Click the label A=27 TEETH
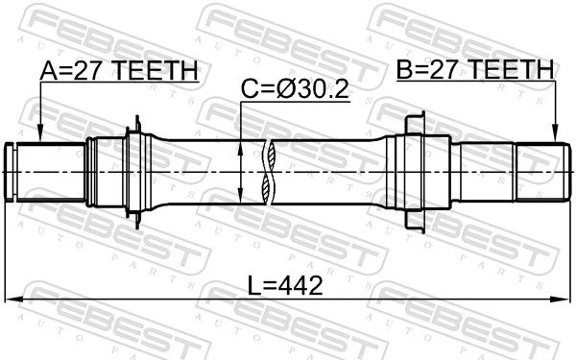(x=119, y=70)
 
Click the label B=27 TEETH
(x=475, y=69)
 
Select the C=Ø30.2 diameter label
(x=295, y=89)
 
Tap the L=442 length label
(x=285, y=285)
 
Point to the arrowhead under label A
(x=40, y=133)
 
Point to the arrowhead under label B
(x=556, y=133)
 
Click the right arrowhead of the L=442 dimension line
(x=561, y=300)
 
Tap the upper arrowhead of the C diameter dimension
(x=240, y=149)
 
